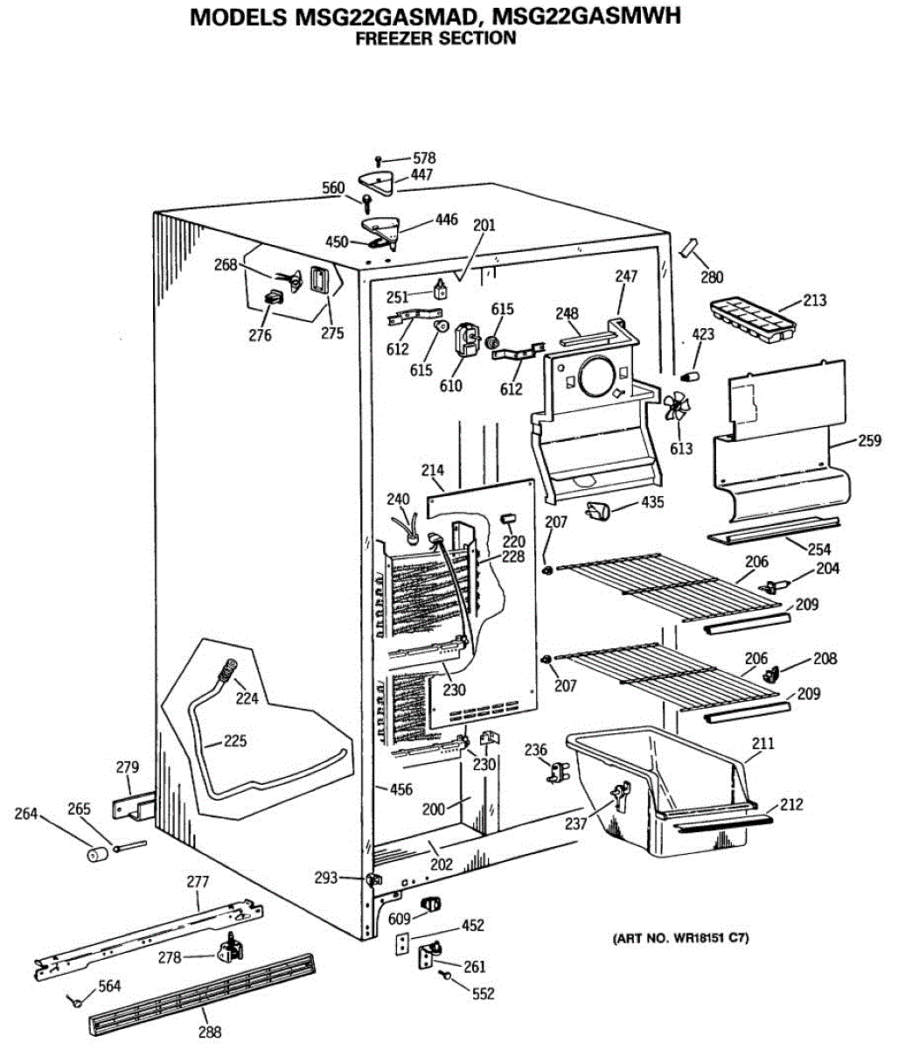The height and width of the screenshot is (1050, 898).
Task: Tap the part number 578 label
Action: (424, 158)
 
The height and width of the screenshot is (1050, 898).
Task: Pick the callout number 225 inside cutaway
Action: (234, 741)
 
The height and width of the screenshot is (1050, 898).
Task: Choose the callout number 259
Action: (869, 441)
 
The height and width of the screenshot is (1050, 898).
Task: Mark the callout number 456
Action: (400, 789)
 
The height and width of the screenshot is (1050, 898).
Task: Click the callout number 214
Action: (433, 471)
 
